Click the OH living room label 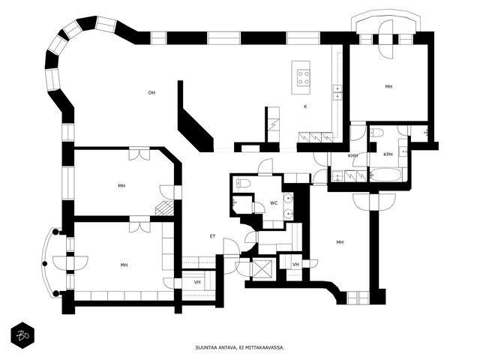click(x=151, y=93)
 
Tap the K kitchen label click(x=305, y=106)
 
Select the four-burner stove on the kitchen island click(x=303, y=77)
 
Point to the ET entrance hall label click(x=212, y=236)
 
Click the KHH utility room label click(x=353, y=156)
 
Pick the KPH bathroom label click(x=388, y=154)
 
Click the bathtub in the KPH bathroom click(x=385, y=175)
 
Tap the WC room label click(x=274, y=203)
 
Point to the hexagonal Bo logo click(x=22, y=335)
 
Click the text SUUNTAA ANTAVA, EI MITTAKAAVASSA click(x=240, y=347)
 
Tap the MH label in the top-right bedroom click(x=388, y=87)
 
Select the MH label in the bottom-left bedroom click(x=124, y=265)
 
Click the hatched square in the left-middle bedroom click(x=164, y=208)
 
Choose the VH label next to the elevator click(x=295, y=265)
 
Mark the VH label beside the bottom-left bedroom click(x=197, y=282)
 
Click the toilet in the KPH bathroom click(x=377, y=133)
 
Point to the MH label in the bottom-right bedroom click(x=340, y=242)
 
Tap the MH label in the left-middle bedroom click(x=121, y=186)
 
